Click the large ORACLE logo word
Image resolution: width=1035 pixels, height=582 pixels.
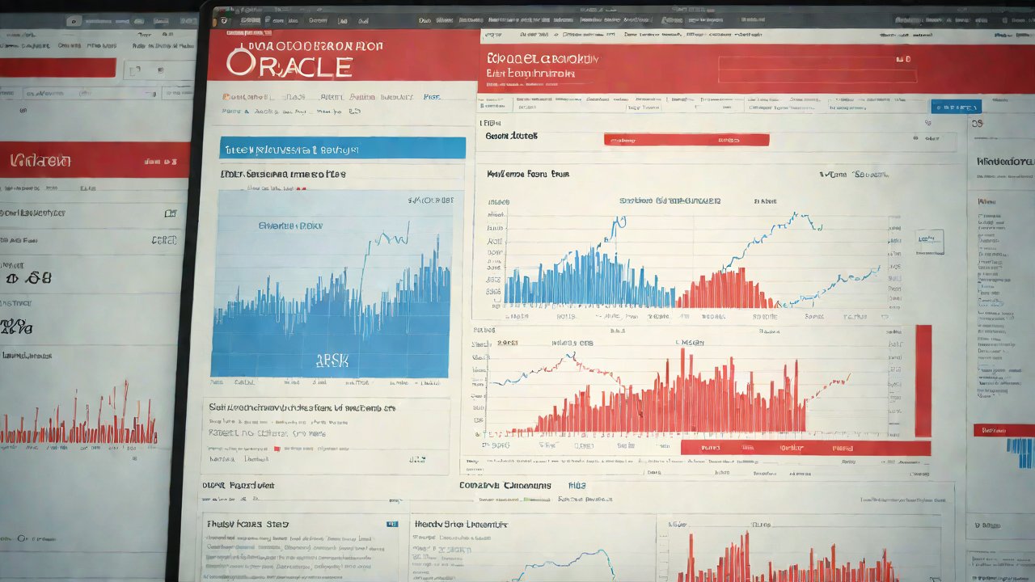[289, 64]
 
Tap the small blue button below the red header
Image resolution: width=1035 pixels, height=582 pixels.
[955, 107]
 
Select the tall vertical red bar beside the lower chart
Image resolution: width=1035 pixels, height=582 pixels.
[923, 381]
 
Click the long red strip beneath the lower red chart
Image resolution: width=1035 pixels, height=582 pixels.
[805, 448]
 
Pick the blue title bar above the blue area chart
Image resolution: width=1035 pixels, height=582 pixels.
[343, 148]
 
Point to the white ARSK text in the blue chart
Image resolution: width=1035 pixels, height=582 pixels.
[331, 361]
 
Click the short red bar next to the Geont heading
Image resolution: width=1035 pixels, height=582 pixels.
[686, 140]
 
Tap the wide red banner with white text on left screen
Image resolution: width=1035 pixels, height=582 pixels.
[95, 160]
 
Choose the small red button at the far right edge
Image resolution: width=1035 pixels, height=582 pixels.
[1003, 430]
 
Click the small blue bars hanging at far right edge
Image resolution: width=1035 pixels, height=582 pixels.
[1019, 453]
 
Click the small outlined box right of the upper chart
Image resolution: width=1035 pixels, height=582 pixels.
[930, 240]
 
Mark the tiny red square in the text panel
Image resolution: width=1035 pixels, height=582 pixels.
[277, 448]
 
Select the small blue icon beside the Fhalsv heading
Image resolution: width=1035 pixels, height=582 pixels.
[392, 524]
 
